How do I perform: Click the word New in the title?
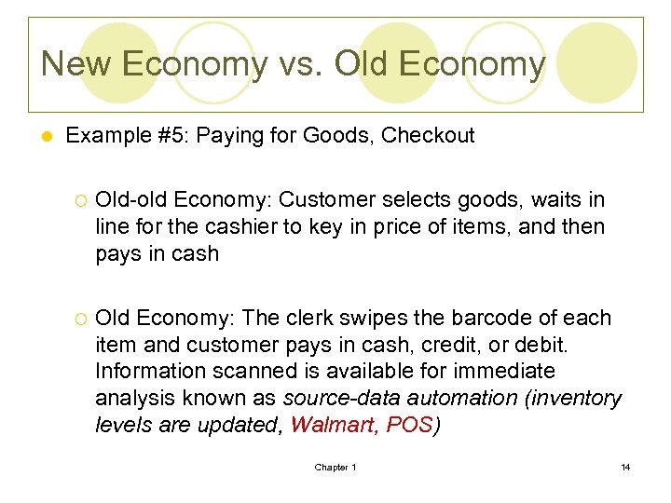(x=76, y=63)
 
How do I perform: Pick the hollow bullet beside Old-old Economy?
(x=79, y=200)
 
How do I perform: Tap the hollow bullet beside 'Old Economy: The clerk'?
(x=79, y=319)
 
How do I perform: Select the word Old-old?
(x=130, y=199)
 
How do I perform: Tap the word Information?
(x=150, y=372)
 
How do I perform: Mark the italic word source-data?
(x=335, y=399)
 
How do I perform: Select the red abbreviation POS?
(x=410, y=426)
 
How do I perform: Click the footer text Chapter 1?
(x=335, y=468)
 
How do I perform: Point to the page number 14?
(x=625, y=468)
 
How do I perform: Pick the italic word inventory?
(x=577, y=399)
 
